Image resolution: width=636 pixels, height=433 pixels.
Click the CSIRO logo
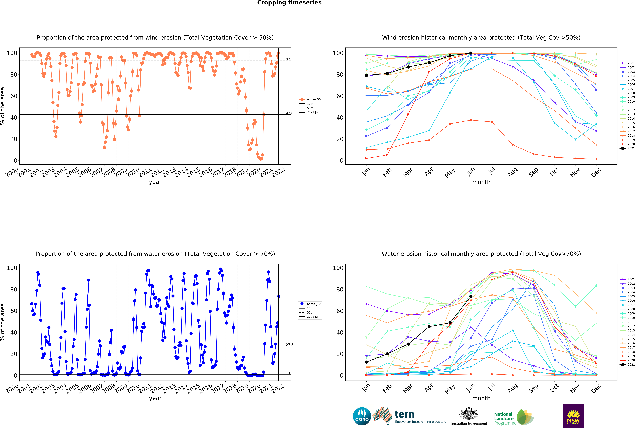click(362, 416)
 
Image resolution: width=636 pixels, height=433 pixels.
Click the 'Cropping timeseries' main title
click(289, 3)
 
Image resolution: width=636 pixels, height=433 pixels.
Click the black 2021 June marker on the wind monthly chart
click(471, 53)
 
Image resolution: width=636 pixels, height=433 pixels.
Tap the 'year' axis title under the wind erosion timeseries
click(155, 182)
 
